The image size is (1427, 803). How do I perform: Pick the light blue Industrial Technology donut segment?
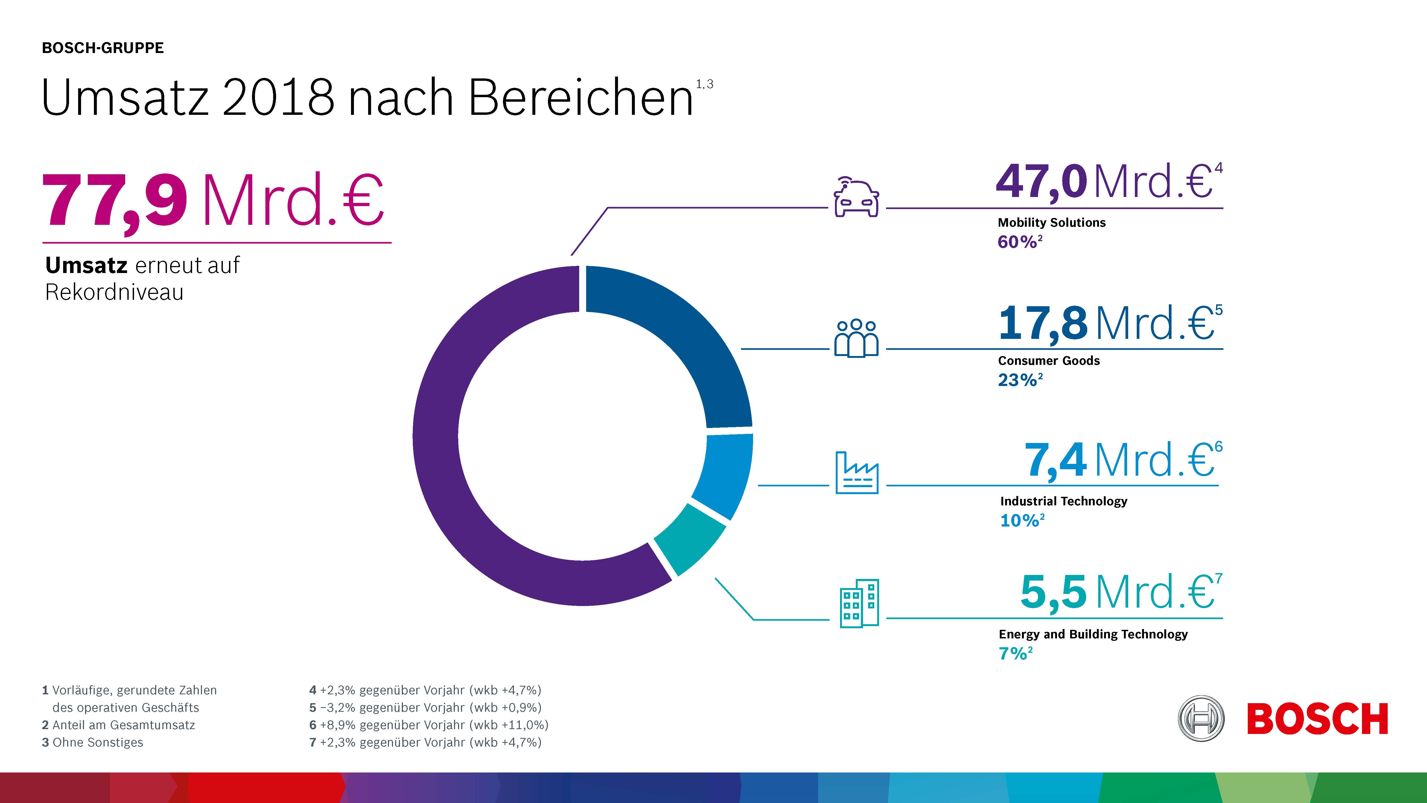[726, 474]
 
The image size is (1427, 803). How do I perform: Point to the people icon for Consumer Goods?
[856, 338]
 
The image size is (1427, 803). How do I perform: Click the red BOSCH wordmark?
[1317, 719]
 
